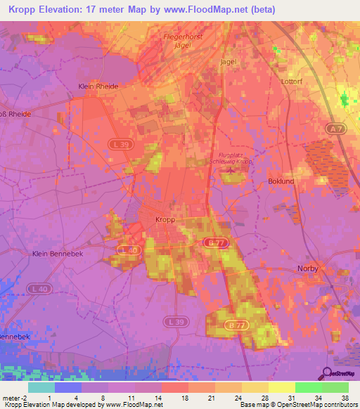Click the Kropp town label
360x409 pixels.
pos(165,220)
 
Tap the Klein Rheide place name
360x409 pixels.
pos(97,86)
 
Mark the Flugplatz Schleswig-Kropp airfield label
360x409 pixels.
pos(236,158)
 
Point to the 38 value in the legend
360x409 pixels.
pos(344,397)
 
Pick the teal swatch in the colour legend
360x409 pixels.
pos(41,387)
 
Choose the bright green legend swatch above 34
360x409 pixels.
pos(308,387)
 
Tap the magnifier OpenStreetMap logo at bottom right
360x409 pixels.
pos(328,373)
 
